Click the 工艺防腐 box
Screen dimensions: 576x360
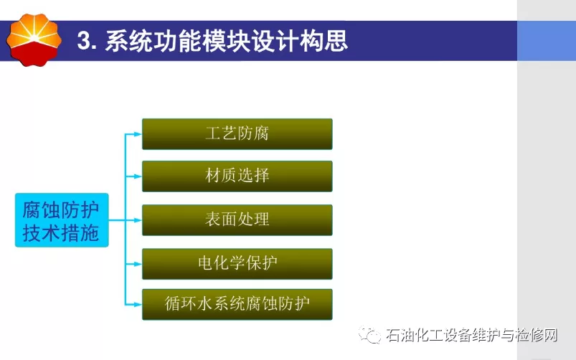pyautogui.click(x=237, y=134)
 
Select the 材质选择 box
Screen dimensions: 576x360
pyautogui.click(x=237, y=176)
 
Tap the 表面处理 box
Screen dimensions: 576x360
pyautogui.click(x=237, y=220)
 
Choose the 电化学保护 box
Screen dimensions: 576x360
pyautogui.click(x=237, y=264)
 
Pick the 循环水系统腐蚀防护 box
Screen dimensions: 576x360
pyautogui.click(x=237, y=305)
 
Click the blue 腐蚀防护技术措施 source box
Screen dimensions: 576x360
pyautogui.click(x=62, y=220)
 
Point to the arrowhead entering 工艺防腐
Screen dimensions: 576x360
pyautogui.click(x=138, y=134)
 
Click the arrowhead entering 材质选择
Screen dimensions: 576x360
pyautogui.click(x=138, y=176)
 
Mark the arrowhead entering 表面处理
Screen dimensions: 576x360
pyautogui.click(x=138, y=220)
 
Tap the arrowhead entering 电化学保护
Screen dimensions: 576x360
pyautogui.click(x=138, y=264)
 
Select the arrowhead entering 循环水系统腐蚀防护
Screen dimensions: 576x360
pyautogui.click(x=138, y=305)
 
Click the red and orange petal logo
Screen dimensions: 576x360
pyautogui.click(x=34, y=39)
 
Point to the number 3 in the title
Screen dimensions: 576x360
pyautogui.click(x=84, y=40)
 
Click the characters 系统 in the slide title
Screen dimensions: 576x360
pyautogui.click(x=128, y=40)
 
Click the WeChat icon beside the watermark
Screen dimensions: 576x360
pyautogui.click(x=369, y=335)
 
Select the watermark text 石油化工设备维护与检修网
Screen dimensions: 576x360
pyautogui.click(x=472, y=335)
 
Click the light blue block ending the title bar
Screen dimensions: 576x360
pyautogui.click(x=547, y=40)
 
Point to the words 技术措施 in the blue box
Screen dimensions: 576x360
pyautogui.click(x=61, y=233)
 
